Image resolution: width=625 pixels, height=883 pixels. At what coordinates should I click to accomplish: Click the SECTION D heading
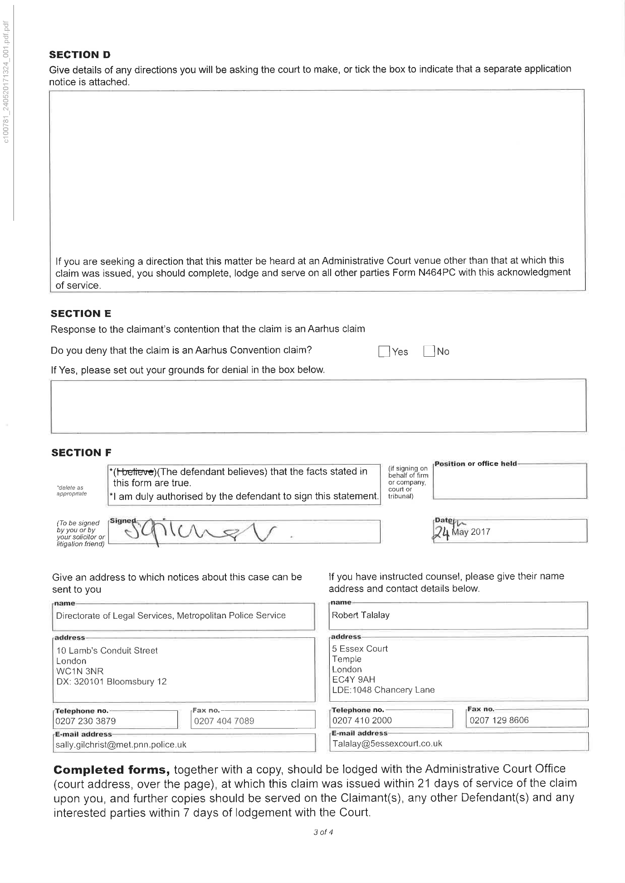tap(80, 55)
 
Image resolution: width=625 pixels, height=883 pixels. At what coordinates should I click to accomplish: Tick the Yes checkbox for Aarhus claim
tap(384, 352)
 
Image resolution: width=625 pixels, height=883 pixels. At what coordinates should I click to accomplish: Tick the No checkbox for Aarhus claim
tap(429, 351)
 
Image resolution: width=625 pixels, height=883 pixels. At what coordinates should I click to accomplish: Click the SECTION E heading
tap(81, 314)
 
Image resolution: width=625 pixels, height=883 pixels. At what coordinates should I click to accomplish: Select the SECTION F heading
tap(81, 452)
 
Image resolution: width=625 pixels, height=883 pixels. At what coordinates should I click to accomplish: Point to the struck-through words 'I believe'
tap(134, 472)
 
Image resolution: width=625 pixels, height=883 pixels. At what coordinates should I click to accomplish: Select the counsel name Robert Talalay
tap(361, 615)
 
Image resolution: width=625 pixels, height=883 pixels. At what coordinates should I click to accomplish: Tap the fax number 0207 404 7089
tap(224, 721)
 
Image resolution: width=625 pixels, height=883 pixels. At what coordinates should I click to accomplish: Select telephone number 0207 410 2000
tap(362, 720)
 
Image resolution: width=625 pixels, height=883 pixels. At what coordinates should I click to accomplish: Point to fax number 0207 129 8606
tap(499, 720)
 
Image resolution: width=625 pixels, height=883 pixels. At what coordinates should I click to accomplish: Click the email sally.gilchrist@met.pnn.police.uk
tap(121, 744)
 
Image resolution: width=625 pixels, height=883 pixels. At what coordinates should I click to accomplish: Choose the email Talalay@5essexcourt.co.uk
tap(387, 743)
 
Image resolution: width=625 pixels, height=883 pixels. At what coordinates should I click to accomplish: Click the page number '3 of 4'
tap(323, 832)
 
